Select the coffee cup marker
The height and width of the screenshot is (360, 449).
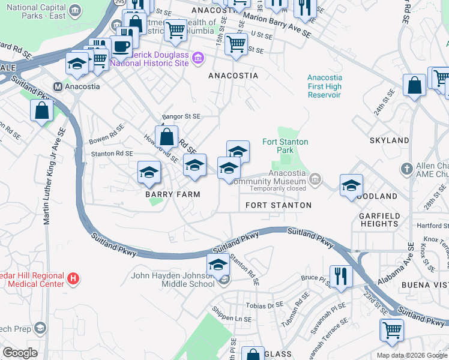[x=121, y=46]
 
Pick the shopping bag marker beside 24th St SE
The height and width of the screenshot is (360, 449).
[x=414, y=86]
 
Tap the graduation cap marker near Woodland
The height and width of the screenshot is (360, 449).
[x=351, y=185]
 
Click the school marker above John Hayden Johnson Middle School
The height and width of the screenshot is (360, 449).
[x=217, y=265]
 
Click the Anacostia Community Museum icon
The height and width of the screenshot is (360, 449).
[x=315, y=179]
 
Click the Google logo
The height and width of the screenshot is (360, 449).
[x=20, y=353]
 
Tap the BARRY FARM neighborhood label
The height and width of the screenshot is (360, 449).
[x=172, y=194]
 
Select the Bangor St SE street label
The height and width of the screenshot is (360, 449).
[x=181, y=116]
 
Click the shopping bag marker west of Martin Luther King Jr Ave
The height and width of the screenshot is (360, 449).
[x=41, y=111]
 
